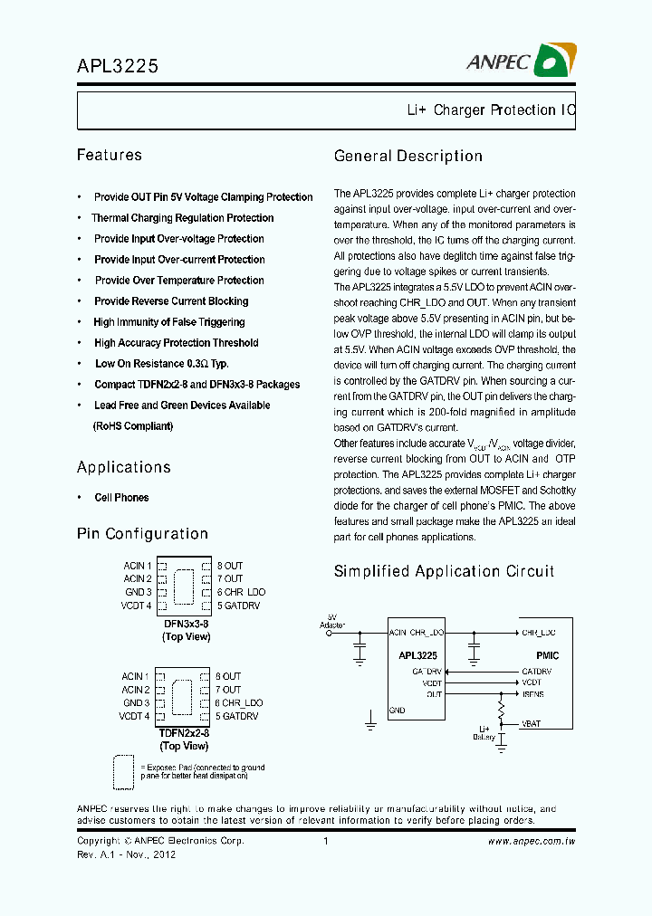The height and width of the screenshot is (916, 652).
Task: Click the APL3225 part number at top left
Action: (x=118, y=66)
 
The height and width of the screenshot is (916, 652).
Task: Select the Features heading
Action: (x=110, y=156)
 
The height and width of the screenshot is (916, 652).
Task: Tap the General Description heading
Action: (x=408, y=156)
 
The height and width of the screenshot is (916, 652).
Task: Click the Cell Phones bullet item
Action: (x=121, y=498)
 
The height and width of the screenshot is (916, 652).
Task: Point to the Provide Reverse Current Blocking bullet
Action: (x=171, y=301)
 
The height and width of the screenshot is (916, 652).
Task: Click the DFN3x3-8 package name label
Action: (x=186, y=625)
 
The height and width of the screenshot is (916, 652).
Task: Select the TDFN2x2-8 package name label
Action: (x=184, y=733)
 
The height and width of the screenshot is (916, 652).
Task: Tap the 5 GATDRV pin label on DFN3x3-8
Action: (x=238, y=606)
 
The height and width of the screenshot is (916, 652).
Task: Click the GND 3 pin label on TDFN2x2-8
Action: (x=137, y=702)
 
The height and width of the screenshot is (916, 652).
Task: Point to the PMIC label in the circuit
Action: (x=547, y=655)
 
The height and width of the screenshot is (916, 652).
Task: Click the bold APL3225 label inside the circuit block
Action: (x=417, y=655)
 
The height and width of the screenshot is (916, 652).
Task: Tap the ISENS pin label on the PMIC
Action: (x=532, y=694)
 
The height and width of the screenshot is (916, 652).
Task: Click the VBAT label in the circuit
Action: (x=532, y=725)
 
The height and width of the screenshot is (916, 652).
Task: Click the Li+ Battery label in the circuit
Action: (x=484, y=732)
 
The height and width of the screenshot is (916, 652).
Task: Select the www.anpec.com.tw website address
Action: (x=532, y=842)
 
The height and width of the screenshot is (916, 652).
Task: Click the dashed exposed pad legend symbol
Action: (x=122, y=772)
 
